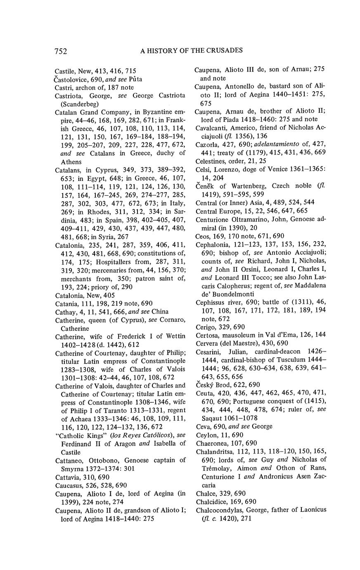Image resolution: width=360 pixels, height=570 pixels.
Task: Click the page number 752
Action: point(61,51)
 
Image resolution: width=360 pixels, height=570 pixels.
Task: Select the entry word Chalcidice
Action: point(211,501)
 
